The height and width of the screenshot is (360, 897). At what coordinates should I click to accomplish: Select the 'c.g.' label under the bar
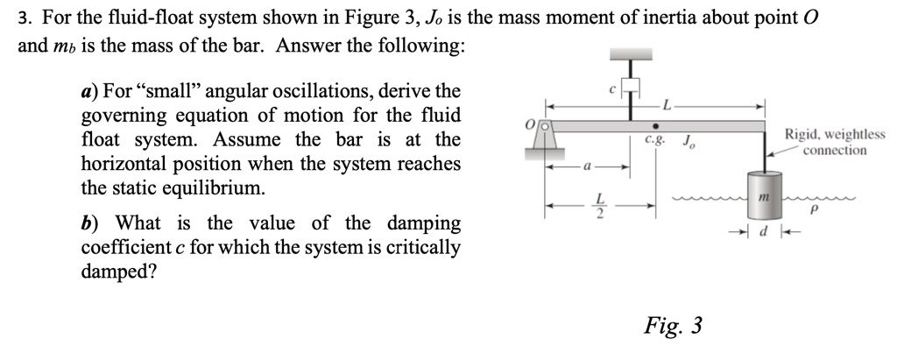654,138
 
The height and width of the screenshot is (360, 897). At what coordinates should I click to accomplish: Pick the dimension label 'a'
586,164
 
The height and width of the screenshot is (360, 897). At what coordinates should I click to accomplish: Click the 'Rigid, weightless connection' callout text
834,143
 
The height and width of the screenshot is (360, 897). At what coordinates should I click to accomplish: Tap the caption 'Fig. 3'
673,327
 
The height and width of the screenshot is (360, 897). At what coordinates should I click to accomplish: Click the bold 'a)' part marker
89,92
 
